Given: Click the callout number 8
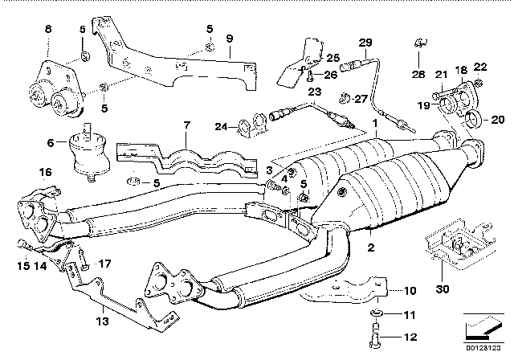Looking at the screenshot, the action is pos(48,29).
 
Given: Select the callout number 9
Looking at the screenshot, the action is pos(230,39).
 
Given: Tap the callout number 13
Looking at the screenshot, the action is pos(102,321).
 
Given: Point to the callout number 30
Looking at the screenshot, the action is pos(443,289).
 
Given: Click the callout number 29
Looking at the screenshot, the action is pos(365,43).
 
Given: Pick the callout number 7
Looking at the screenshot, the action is pos(186,125).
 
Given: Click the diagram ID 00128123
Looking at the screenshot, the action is pos(483,347).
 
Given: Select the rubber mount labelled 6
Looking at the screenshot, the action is pos(88,151).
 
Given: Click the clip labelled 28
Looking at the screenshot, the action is pos(421,43).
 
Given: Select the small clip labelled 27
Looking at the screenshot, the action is pos(344,98).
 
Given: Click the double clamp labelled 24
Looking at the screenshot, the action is pos(253,126).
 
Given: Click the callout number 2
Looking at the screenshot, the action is pos(371,247).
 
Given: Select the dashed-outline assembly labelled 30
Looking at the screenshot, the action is pos(460,246).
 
